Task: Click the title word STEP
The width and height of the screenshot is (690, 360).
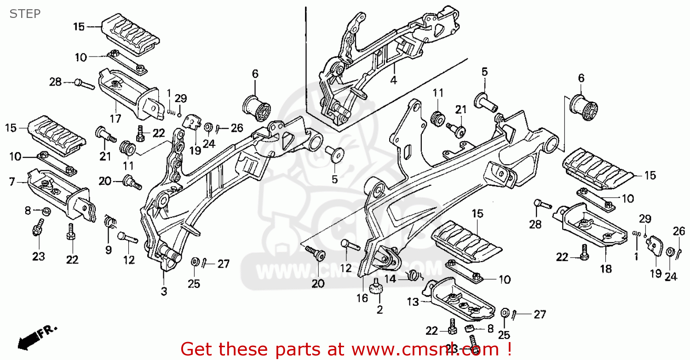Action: coord(25,13)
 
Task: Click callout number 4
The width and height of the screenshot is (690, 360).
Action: coord(393,80)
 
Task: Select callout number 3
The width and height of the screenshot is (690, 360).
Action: coord(164,291)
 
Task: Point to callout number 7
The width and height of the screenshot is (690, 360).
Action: coord(11,183)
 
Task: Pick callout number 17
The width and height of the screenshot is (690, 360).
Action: coord(115,119)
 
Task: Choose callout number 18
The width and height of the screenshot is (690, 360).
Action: coord(606,269)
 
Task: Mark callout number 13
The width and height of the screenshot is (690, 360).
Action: coord(413,302)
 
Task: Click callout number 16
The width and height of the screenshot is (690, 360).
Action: coord(362,298)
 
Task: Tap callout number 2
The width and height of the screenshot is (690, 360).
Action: coord(379,309)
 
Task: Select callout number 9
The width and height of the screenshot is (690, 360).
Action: coord(109,250)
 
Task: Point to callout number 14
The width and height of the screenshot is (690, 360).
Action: coord(390,278)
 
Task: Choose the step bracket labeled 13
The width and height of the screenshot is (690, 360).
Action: coord(460,299)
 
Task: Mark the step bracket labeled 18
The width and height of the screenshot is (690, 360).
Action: coord(593,223)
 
